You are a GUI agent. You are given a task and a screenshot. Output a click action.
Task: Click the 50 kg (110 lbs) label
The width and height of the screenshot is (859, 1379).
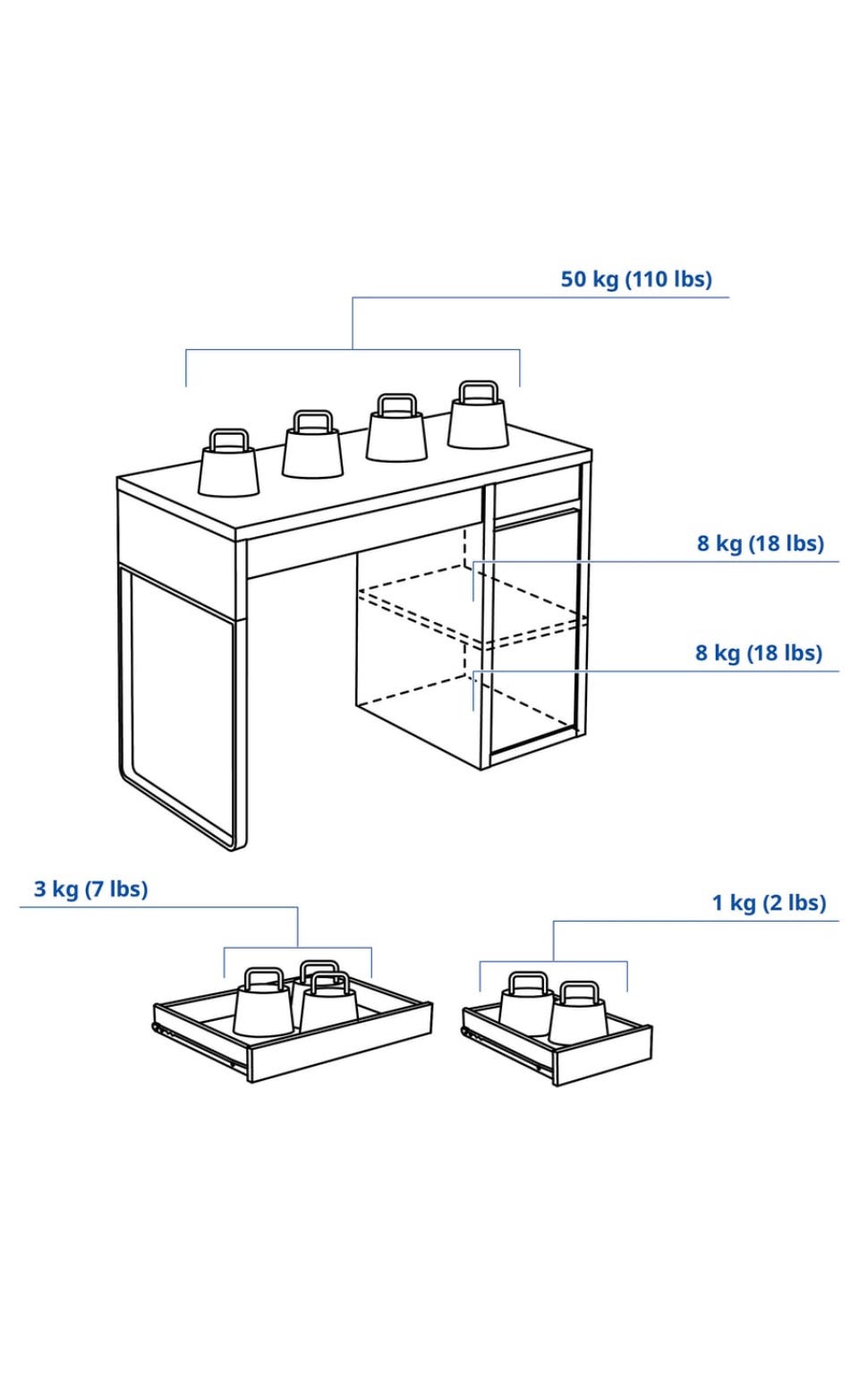635,279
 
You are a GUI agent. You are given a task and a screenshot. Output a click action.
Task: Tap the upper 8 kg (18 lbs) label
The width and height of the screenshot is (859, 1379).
760,543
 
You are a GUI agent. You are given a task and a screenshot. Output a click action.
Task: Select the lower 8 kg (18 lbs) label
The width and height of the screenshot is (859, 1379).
759,653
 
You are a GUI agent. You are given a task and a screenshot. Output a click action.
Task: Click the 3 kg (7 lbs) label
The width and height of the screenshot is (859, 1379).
90,890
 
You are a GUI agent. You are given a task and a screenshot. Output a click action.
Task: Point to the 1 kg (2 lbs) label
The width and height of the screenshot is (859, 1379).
770,903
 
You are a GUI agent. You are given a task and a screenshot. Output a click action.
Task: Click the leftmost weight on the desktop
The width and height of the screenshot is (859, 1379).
228,464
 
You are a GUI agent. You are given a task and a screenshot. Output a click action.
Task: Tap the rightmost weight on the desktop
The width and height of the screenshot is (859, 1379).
479,415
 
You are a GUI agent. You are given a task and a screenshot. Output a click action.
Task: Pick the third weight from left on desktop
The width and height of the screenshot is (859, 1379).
396,428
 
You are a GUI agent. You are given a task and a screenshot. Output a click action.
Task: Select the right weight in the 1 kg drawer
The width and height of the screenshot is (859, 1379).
578,1014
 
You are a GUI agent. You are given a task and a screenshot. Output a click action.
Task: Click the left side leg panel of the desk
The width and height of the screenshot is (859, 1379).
183,708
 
